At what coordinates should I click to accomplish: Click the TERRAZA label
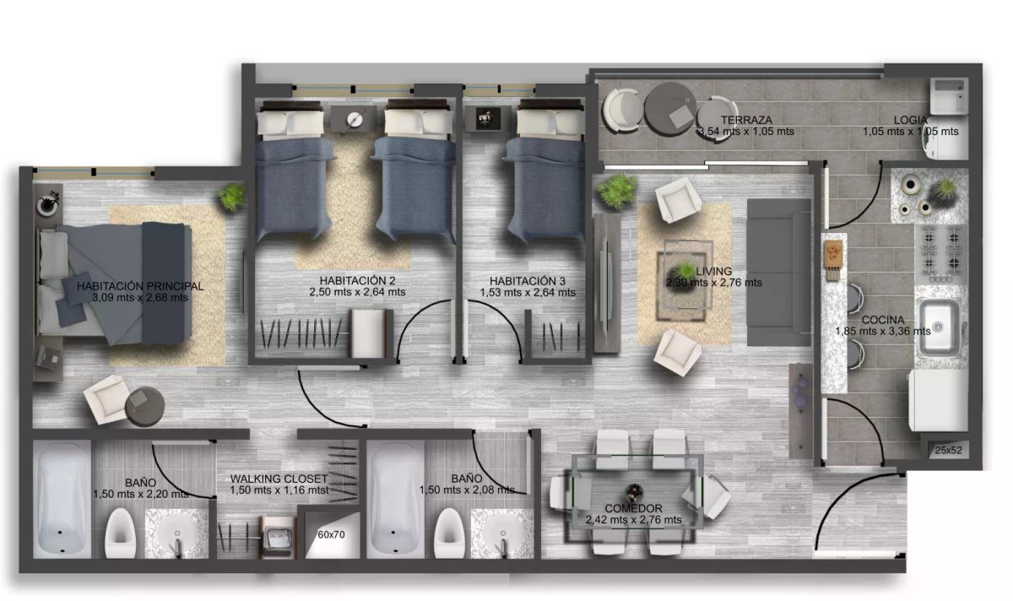pos(746,120)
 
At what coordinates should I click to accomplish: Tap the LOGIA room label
pos(910,120)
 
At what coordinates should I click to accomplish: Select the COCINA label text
pos(883,320)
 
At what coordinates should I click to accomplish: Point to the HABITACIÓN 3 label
pos(528,281)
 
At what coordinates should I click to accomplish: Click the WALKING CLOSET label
pos(279,479)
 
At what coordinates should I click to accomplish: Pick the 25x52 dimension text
pos(948,450)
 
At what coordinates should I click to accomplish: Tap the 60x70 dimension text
pos(331,534)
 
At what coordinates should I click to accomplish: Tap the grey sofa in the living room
pos(778,273)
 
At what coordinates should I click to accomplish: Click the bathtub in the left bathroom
pos(62,500)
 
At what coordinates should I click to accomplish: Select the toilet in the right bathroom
pos(449,533)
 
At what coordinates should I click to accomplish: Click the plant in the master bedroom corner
pos(232,197)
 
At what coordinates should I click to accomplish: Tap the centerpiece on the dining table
pos(634,491)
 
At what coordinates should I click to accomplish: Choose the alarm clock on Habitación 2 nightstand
pos(355,119)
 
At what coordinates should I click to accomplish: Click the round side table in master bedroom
pos(144,406)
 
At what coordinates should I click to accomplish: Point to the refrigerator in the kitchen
pos(939,400)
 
